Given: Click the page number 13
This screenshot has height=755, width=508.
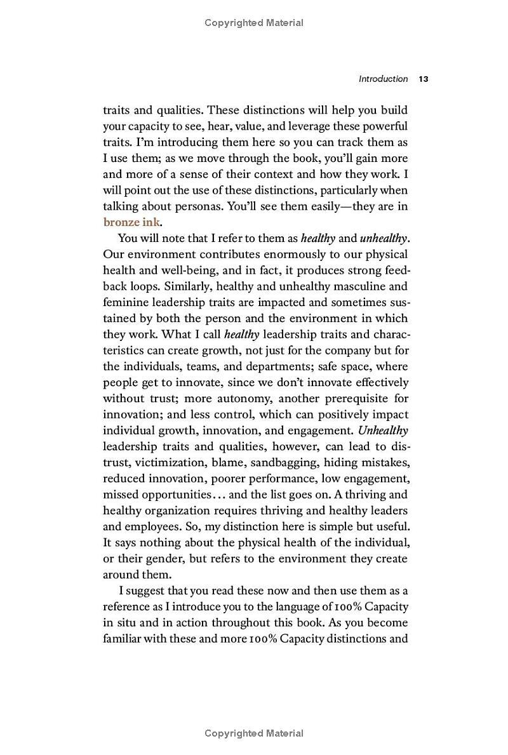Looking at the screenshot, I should click(x=424, y=79).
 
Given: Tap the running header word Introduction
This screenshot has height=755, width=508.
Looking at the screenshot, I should click(x=383, y=79).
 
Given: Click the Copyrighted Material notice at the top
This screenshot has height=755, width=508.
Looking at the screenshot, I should click(x=254, y=23).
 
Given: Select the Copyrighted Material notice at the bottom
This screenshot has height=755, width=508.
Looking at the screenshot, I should click(x=254, y=733).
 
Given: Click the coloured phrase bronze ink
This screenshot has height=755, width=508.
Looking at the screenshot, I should click(x=132, y=222).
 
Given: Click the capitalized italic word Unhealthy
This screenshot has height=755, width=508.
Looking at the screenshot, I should click(x=383, y=431).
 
